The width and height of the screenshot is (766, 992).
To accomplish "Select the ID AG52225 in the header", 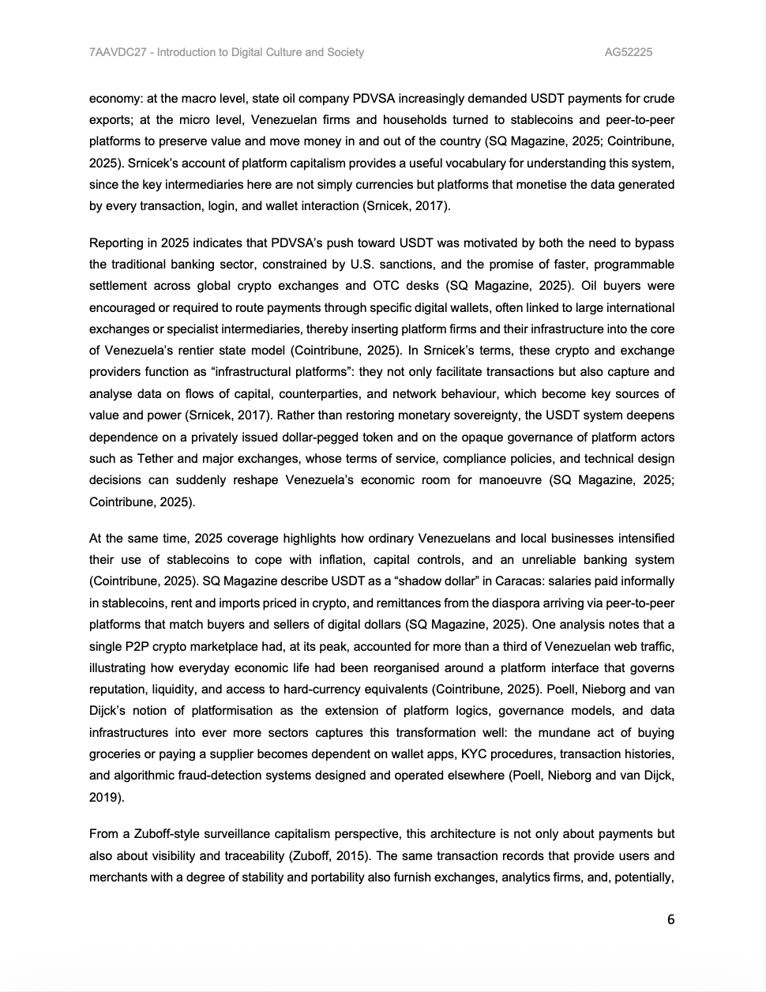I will [x=628, y=52].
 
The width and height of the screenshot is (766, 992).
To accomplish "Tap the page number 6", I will [x=670, y=919].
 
